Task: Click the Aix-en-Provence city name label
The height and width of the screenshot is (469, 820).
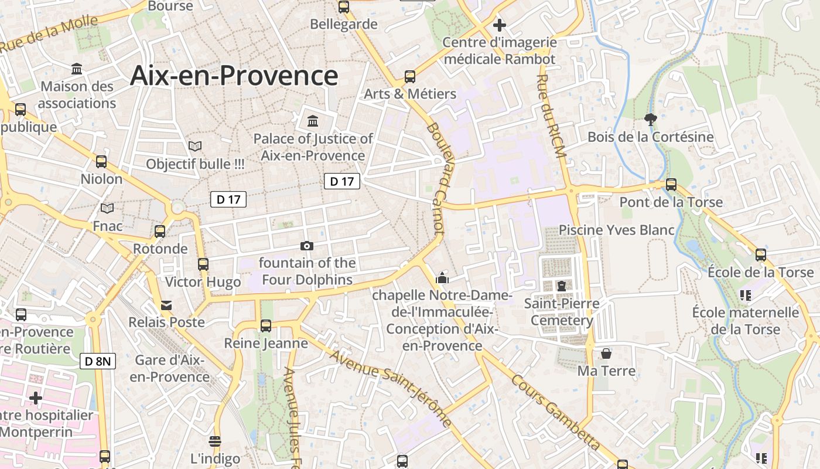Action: pyautogui.click(x=234, y=76)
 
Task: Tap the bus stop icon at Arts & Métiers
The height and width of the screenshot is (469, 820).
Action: pyautogui.click(x=410, y=77)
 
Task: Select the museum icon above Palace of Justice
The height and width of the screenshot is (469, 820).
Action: pyautogui.click(x=313, y=121)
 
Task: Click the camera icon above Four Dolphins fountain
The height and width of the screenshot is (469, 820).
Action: pyautogui.click(x=306, y=246)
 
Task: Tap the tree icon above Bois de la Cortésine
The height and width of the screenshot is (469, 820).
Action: pyautogui.click(x=650, y=120)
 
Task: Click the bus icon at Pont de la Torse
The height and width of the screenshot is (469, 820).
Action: pyautogui.click(x=671, y=185)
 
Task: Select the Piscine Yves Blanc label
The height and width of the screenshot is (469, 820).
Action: pyautogui.click(x=617, y=230)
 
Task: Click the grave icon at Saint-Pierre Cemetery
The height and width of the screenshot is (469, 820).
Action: pyautogui.click(x=562, y=286)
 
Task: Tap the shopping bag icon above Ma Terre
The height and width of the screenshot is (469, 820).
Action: pyautogui.click(x=606, y=354)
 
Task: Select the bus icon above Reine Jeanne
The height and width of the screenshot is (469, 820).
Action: pyautogui.click(x=266, y=325)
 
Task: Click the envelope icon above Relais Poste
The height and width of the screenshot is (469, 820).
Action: pyautogui.click(x=167, y=305)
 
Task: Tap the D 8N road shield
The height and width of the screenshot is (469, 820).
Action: pyautogui.click(x=98, y=361)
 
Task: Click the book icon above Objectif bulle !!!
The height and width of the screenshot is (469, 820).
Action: pyautogui.click(x=195, y=146)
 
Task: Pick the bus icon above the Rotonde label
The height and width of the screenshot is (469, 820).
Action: pyautogui.click(x=160, y=231)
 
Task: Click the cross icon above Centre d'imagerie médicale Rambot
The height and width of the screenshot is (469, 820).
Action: pyautogui.click(x=499, y=25)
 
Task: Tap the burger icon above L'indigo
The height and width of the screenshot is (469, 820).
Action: pyautogui.click(x=215, y=441)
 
